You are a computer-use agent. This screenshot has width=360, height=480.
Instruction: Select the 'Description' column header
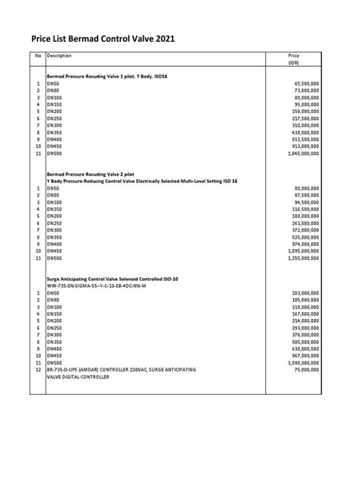(60, 56)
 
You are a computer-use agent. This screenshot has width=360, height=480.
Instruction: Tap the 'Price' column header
(294, 56)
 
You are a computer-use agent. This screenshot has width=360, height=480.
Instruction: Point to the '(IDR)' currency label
(294, 64)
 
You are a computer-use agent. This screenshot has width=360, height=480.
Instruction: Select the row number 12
(37, 369)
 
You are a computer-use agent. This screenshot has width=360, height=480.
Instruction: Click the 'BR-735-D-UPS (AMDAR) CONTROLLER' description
(121, 369)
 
